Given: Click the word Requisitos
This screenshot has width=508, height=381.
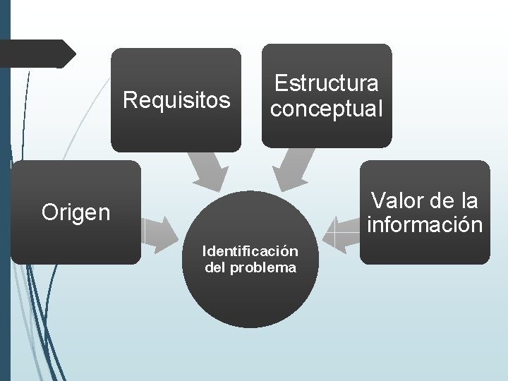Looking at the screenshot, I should pos(176,100).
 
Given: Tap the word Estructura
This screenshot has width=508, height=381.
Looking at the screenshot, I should pos(326,83).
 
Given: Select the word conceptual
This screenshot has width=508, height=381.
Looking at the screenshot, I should pos(326,109).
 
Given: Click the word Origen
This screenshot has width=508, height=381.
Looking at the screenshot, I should pos(76,212).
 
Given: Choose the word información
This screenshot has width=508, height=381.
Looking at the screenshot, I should pos(425,225).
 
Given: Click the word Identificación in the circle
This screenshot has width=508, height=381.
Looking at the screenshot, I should pos(250,250).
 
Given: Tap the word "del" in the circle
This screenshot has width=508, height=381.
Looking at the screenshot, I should pos(214,267).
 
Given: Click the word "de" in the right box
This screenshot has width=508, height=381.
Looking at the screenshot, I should pos(441,200).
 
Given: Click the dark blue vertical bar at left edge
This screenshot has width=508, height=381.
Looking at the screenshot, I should pos(5,190).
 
